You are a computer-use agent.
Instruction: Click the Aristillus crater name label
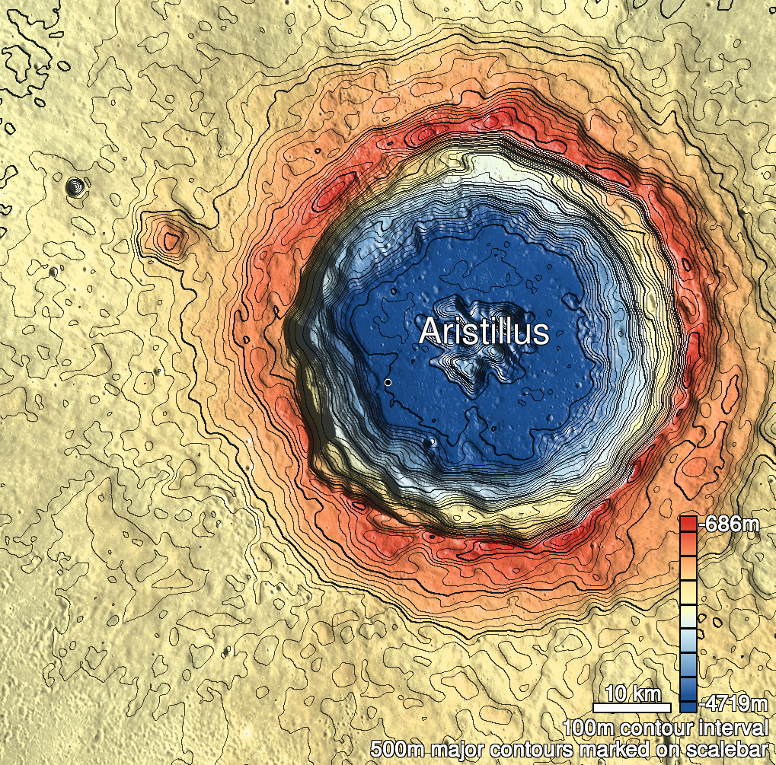click(x=484, y=333)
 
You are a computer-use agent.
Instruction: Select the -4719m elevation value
click(x=733, y=702)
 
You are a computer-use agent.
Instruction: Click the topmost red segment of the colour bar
click(x=688, y=524)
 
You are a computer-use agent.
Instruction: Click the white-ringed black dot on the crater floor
click(x=388, y=382)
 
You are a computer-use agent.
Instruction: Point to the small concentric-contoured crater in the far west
click(x=75, y=185)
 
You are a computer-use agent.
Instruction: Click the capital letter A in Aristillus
click(x=430, y=333)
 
